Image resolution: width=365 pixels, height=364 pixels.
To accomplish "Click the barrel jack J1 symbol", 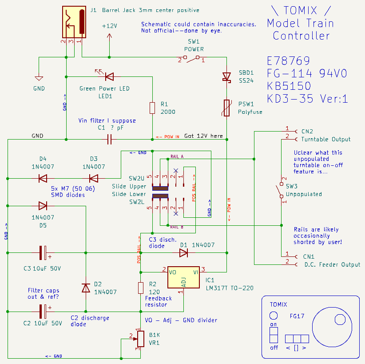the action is click(74, 22).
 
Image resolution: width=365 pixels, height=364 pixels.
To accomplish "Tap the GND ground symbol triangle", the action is click(39, 78).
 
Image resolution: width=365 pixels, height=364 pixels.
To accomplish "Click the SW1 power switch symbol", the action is click(191, 58).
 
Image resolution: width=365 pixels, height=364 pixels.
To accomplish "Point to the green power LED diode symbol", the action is click(109, 76).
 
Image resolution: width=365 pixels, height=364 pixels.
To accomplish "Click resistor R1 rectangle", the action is click(152, 108).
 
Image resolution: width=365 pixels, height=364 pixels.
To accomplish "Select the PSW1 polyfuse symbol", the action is click(226, 108).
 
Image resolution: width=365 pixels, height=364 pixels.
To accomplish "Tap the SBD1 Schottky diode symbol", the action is click(226, 77).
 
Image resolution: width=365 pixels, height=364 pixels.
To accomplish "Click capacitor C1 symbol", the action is click(109, 140).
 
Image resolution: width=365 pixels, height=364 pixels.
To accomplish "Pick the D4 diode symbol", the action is click(43, 179).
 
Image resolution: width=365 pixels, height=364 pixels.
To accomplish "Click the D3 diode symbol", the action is click(94, 179).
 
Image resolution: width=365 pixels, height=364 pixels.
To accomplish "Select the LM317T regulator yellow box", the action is click(184, 277).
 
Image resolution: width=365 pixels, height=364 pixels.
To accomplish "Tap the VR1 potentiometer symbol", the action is click(140, 339).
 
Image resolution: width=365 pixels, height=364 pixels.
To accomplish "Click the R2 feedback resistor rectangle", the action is click(141, 288).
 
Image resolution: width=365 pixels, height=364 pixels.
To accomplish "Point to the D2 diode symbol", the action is click(86, 288).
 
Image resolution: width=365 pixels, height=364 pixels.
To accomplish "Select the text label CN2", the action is click(307, 132).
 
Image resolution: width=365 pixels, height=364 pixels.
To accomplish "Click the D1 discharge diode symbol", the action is click(183, 252).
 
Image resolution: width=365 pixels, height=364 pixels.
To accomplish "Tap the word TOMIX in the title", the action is click(300, 10).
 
